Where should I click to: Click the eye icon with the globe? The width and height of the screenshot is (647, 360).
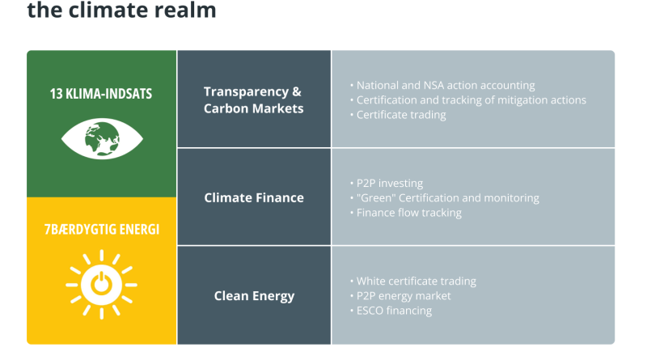tap(102, 138)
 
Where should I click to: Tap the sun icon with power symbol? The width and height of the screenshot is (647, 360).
tap(102, 285)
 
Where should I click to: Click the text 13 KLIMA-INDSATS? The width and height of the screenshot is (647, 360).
tap(101, 94)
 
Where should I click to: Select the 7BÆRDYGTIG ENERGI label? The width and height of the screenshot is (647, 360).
tap(102, 229)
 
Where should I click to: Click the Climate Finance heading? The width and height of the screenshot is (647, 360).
tap(254, 197)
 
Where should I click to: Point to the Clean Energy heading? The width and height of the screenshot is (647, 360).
tap(254, 296)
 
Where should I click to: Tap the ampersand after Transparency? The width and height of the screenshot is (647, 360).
tap(296, 91)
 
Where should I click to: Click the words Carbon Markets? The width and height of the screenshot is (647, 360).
tap(253, 108)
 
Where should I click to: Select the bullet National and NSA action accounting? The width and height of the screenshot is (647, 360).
tap(442, 86)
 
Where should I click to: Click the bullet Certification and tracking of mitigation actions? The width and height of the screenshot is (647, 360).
tap(468, 100)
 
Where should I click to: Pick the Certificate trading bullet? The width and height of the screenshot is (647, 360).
tap(398, 115)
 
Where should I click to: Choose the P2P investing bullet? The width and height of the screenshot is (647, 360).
tap(387, 184)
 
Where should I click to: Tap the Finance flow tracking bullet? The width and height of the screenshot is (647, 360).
tap(406, 213)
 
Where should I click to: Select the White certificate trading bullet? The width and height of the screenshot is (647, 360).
tap(412, 282)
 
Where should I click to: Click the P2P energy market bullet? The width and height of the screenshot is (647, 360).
tap(400, 296)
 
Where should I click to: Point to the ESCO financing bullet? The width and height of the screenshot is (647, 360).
tap(391, 311)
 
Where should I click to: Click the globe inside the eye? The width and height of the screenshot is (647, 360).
tap(102, 138)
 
